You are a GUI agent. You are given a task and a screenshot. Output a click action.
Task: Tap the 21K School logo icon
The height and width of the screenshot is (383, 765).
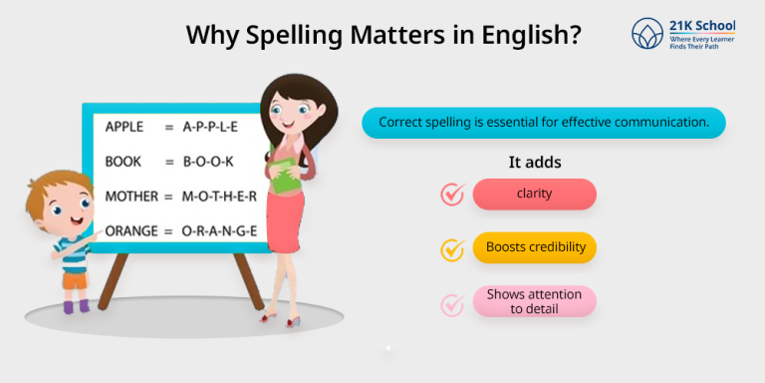tap(649, 34)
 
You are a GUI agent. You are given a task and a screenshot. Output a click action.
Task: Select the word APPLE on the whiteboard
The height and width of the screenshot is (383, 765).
tap(126, 127)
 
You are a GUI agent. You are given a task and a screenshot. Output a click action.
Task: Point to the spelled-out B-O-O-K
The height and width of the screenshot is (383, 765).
tap(208, 161)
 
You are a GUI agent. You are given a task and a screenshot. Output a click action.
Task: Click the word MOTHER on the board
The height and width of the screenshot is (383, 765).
tap(131, 195)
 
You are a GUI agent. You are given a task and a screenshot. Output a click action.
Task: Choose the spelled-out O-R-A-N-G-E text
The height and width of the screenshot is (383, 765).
tap(219, 230)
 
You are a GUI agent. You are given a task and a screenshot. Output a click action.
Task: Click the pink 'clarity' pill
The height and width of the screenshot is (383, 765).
tap(534, 193)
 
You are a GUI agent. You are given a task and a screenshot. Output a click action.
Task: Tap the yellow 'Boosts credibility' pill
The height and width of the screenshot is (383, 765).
tap(534, 246)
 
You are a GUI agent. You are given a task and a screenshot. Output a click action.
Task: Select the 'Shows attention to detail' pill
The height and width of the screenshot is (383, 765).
tap(534, 301)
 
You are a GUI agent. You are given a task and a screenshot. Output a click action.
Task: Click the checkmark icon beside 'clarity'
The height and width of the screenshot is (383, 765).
tap(453, 194)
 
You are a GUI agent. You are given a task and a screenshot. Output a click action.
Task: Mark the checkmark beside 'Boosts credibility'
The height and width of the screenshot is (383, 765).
tap(453, 248)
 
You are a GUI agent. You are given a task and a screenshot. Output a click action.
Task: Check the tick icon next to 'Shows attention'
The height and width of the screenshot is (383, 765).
tap(453, 302)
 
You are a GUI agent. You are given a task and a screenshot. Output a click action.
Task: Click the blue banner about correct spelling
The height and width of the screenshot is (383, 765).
tap(544, 123)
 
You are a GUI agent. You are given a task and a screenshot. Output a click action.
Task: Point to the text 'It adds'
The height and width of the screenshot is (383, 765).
tap(535, 162)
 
